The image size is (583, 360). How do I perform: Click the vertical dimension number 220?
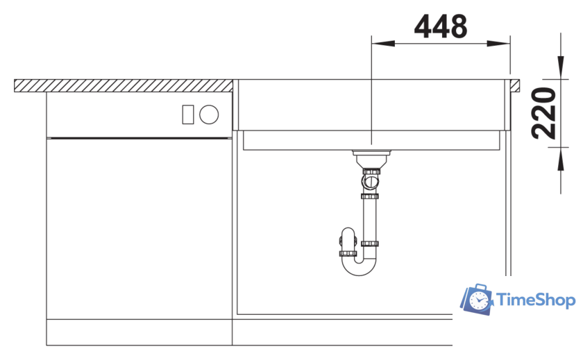tap(548, 113)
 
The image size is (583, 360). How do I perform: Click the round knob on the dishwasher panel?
tap(209, 115)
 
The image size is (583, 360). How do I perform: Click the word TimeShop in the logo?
tap(536, 300)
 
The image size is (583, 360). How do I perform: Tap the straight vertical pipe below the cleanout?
tap(369, 218)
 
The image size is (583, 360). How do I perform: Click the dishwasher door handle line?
tap(139, 137)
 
